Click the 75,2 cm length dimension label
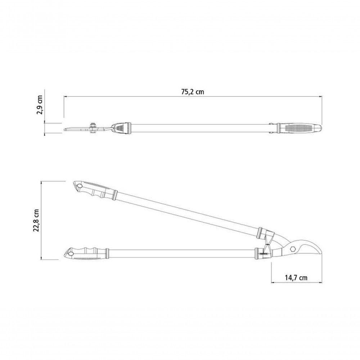point(192,92)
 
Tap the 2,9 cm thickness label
point(40,105)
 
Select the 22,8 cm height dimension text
point(36,220)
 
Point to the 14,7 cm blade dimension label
point(296,278)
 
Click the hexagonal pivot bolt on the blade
point(293,249)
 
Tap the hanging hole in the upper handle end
point(79,186)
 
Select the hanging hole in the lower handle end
point(71,253)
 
